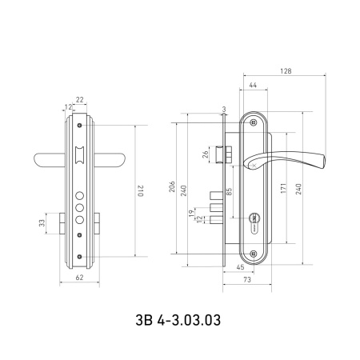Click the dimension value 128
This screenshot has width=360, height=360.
point(286,71)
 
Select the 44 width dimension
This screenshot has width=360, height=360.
point(253,85)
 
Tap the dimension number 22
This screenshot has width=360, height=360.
point(80,100)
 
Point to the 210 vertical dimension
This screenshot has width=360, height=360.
point(141,190)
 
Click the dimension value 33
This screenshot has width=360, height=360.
point(42,223)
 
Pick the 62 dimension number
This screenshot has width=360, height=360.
point(79,278)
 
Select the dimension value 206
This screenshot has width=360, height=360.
point(172,186)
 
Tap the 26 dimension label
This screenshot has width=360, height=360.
point(206,154)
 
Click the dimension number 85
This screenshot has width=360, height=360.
point(229,192)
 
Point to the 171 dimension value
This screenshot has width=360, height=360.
point(283,188)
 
